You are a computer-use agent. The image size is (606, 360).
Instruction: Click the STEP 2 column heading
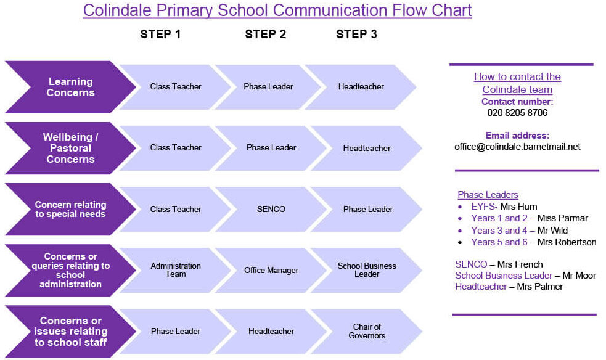266,34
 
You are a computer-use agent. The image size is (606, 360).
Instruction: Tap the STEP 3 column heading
356,34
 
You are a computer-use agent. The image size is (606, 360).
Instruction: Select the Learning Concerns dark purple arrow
70,87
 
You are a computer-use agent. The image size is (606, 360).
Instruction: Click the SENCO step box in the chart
271,209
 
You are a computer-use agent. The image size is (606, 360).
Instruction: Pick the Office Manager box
271,270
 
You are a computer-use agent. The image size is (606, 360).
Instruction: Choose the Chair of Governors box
366,331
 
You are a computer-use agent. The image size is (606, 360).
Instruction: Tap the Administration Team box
176,270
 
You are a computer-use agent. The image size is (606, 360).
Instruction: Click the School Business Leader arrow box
366,270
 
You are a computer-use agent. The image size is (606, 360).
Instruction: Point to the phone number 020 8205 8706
517,113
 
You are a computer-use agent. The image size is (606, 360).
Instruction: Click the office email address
517,147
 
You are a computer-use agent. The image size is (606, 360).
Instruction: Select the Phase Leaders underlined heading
488,195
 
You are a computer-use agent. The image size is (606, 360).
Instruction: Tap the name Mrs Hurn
518,207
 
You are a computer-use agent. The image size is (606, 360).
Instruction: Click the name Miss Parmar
563,218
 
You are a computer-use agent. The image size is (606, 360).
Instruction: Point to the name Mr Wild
552,231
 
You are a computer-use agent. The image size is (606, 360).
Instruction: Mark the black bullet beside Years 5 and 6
460,243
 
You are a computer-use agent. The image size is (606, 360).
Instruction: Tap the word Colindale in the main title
117,10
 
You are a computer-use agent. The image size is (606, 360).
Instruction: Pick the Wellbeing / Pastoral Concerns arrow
70,148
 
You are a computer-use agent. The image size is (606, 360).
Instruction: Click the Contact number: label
517,102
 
